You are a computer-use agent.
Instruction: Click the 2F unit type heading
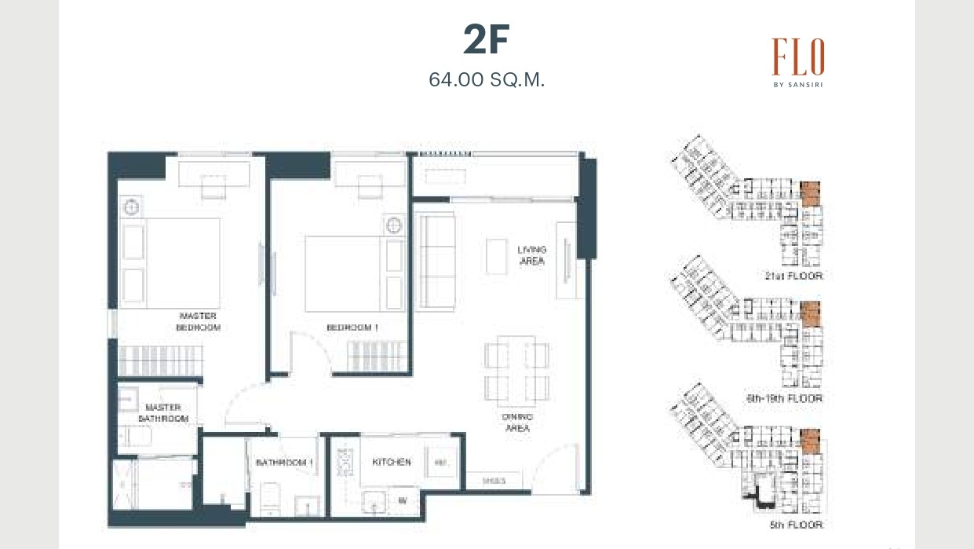pyautogui.click(x=487, y=41)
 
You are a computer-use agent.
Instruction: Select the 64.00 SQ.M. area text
pyautogui.click(x=487, y=79)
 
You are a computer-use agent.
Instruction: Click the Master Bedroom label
pyautogui.click(x=198, y=321)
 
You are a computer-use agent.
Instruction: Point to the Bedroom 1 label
pyautogui.click(x=352, y=328)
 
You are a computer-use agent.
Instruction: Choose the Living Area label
pyautogui.click(x=531, y=255)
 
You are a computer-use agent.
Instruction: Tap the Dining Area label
pyautogui.click(x=517, y=423)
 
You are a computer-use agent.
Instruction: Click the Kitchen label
pyautogui.click(x=392, y=463)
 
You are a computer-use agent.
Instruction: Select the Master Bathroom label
pyautogui.click(x=163, y=413)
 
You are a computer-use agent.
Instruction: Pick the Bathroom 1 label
pyautogui.click(x=284, y=463)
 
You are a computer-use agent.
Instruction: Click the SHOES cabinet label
pyautogui.click(x=489, y=481)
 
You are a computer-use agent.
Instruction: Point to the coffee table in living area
pyautogui.click(x=496, y=256)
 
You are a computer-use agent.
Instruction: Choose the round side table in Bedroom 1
pyautogui.click(x=394, y=225)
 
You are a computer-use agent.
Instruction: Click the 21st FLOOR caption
pyautogui.click(x=793, y=276)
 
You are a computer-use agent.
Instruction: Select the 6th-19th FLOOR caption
pyautogui.click(x=784, y=399)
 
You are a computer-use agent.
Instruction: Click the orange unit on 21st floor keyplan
pyautogui.click(x=810, y=192)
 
